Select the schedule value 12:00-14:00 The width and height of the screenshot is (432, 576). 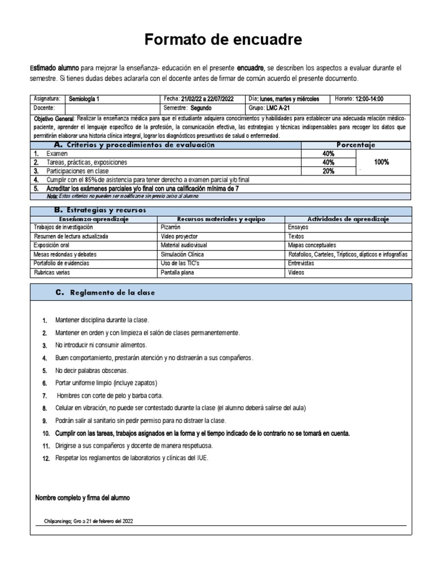tap(369, 98)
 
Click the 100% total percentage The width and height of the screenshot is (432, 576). tap(381, 162)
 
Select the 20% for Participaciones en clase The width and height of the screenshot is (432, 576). tap(328, 171)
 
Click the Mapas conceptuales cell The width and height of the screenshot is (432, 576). tap(312, 245)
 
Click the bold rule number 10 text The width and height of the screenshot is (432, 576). tap(202, 434)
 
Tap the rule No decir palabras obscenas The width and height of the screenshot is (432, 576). tap(92, 371)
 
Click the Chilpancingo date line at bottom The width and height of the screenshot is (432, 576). tap(88, 521)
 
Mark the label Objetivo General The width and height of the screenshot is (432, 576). tap(54, 119)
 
